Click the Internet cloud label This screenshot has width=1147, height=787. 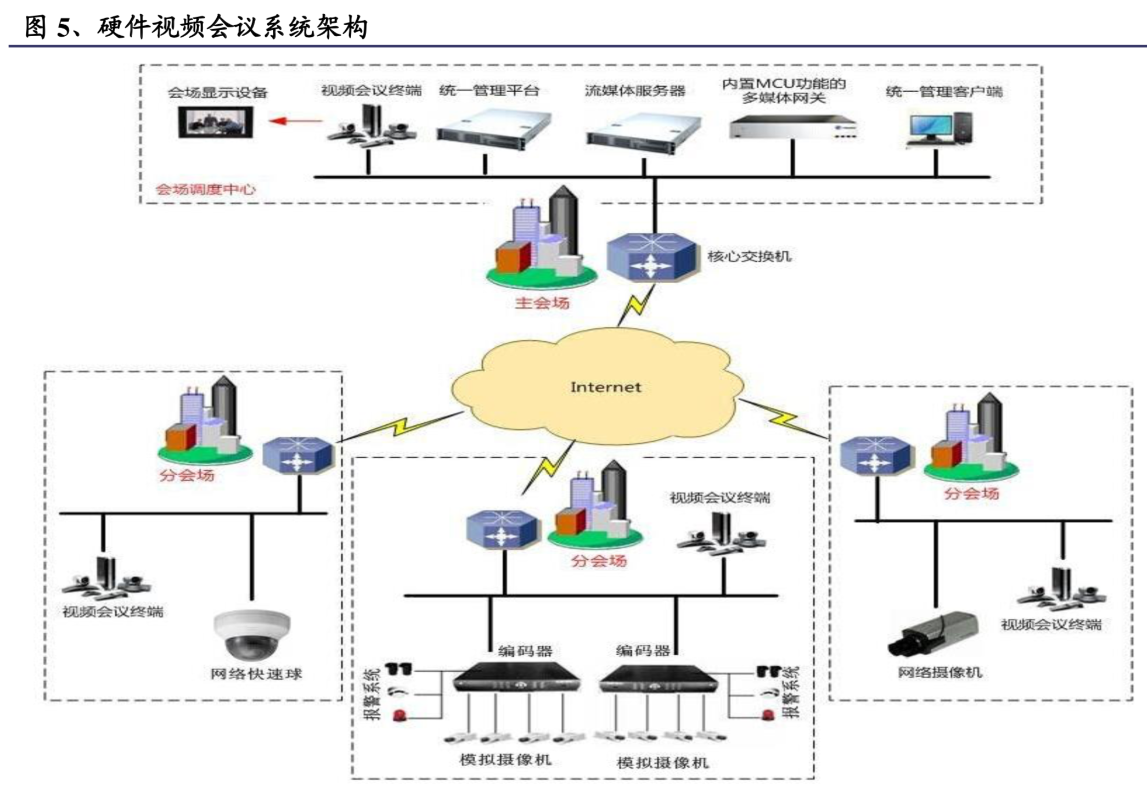605,387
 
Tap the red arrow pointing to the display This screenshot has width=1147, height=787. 295,121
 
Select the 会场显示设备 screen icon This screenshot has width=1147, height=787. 216,122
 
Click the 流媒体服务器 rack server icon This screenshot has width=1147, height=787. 643,133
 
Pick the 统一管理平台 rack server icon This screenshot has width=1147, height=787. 493,130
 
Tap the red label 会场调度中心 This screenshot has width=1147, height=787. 205,189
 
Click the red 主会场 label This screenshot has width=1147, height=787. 542,302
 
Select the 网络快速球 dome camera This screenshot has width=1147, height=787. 252,634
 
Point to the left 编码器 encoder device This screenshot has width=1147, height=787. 516,677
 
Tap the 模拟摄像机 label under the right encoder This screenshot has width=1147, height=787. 662,762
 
